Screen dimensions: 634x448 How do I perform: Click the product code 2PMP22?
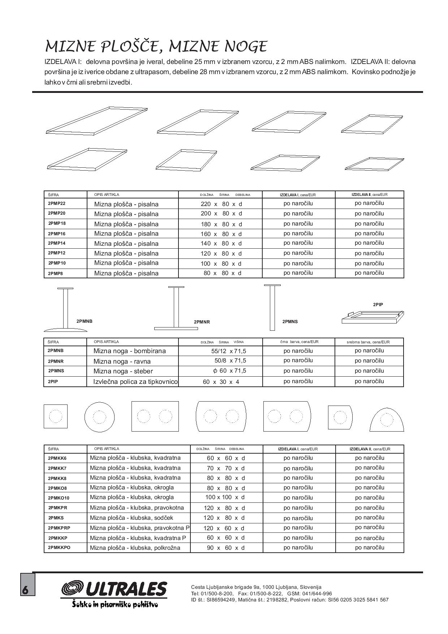coord(56,204)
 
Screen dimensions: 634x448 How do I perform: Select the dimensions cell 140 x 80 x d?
coord(221,244)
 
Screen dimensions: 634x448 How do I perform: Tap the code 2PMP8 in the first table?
coord(55,274)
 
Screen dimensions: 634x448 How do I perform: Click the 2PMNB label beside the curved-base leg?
coord(85,321)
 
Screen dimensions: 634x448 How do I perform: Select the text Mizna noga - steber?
coord(123,371)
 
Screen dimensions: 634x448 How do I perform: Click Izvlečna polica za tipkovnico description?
coord(135,382)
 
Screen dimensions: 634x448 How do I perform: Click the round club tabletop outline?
coord(99,417)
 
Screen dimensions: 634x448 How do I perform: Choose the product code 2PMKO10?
coord(58,498)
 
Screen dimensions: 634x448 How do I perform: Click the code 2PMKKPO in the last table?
coord(59,548)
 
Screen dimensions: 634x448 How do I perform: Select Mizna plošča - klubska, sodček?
coord(132,518)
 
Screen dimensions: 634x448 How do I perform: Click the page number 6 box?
coord(27,584)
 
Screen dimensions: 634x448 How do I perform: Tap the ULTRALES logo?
coord(115,589)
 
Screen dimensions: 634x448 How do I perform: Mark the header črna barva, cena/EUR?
coord(299,342)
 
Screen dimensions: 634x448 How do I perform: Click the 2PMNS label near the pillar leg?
coord(290,322)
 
